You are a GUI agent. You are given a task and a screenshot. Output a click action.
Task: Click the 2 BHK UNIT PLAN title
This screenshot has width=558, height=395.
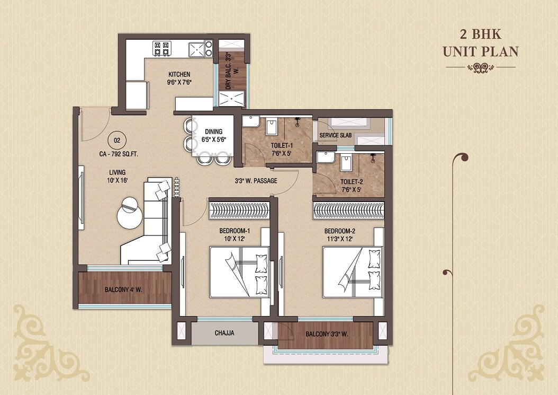tap(480, 43)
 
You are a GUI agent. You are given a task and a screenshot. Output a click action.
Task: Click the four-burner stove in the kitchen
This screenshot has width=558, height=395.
tap(161, 49)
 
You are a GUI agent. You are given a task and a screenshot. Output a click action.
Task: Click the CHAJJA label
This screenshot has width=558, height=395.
tap(224, 333)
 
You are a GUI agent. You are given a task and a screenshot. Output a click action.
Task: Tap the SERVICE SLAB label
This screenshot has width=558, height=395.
tap(335, 136)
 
